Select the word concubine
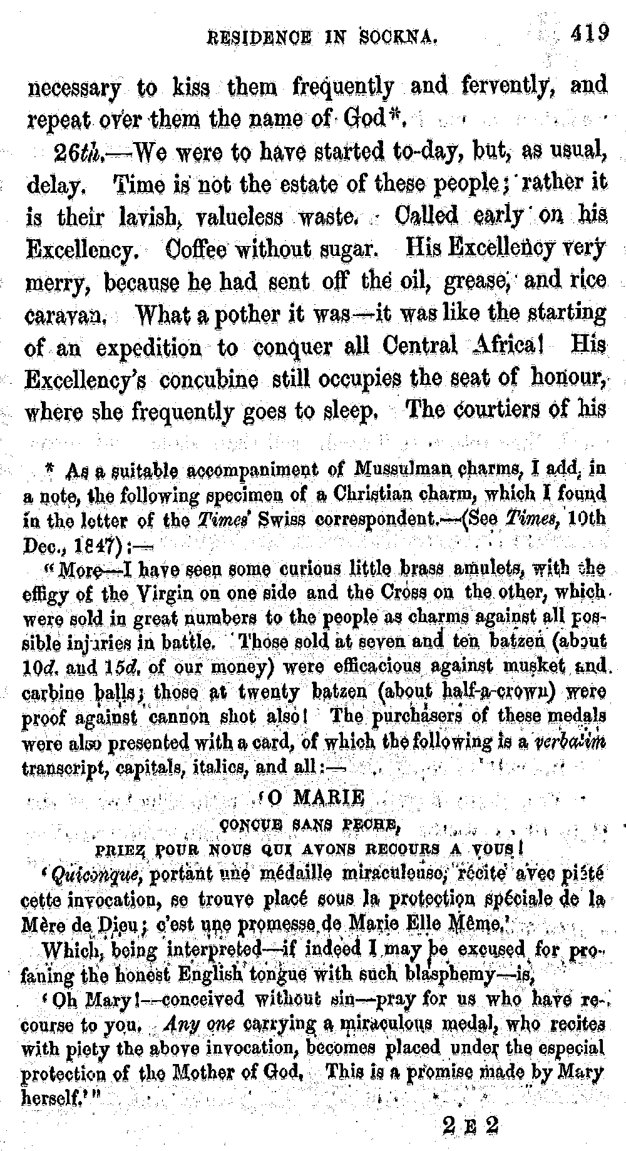tap(208, 379)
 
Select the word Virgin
tap(157, 591)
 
